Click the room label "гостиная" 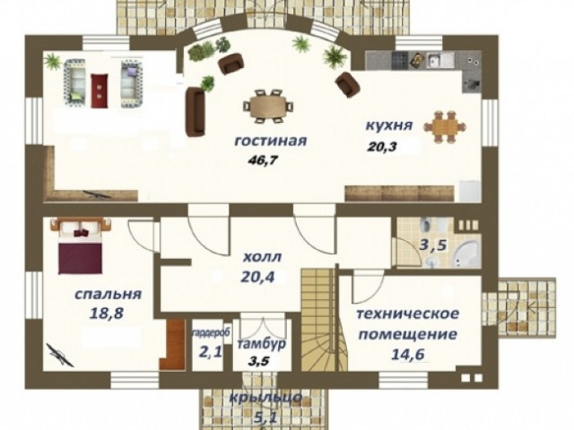point(270,142)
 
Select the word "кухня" point(389,125)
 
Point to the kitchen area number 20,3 point(383,147)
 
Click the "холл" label point(262,257)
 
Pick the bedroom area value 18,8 point(107,313)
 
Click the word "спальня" point(108,295)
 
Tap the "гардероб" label point(211,333)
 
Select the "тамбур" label point(261,344)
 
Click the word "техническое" point(407,314)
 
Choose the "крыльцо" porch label point(265,398)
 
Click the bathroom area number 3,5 point(432,245)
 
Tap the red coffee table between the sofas point(100,90)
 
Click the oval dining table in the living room point(269,106)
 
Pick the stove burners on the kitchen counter point(400,59)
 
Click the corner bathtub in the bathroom point(465,254)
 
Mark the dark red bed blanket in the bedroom point(80,258)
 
